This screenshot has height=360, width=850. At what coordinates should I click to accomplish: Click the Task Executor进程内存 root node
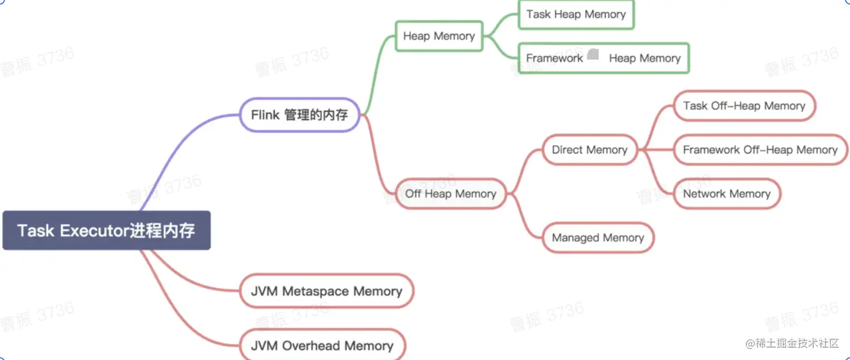(x=106, y=230)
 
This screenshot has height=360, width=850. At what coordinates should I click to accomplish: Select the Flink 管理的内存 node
(x=299, y=115)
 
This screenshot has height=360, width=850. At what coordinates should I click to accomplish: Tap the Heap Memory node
(x=439, y=36)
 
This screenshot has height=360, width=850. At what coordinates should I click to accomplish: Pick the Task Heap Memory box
(x=576, y=15)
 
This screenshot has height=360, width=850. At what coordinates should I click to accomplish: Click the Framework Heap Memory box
(x=603, y=58)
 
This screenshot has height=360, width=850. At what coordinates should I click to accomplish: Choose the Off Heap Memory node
(x=451, y=193)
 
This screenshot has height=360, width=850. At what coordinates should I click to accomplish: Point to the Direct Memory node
(x=589, y=150)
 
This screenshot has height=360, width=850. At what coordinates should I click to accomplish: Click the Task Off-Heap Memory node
(x=744, y=106)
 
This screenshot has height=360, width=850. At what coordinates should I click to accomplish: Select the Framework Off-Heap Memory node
(x=760, y=150)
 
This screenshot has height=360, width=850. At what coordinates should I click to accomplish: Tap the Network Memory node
(x=727, y=193)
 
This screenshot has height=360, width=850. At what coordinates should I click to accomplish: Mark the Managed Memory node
(x=598, y=238)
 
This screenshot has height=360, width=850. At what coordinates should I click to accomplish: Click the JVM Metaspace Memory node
(x=326, y=291)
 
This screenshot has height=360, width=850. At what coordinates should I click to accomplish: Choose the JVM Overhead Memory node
(x=322, y=345)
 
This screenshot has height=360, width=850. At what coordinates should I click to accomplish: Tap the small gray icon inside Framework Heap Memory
(x=593, y=54)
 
